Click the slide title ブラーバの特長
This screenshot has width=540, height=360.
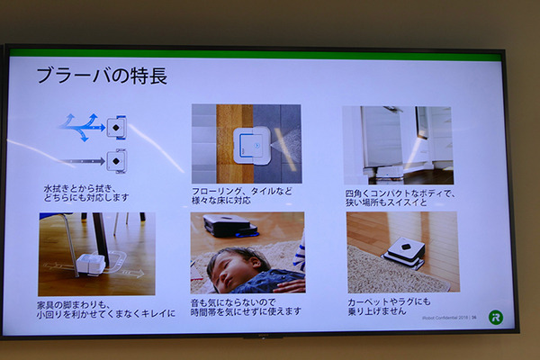[x=102, y=76]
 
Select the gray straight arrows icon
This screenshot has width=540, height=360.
[x=84, y=161]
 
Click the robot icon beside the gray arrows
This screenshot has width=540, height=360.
[x=116, y=161]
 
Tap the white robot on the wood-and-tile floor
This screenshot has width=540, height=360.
[x=249, y=144]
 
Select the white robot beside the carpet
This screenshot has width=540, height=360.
[x=405, y=252]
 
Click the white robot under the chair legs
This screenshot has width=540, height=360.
[x=93, y=265]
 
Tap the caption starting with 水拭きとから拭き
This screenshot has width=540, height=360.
[x=86, y=192]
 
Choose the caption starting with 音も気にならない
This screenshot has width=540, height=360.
[x=245, y=306]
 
